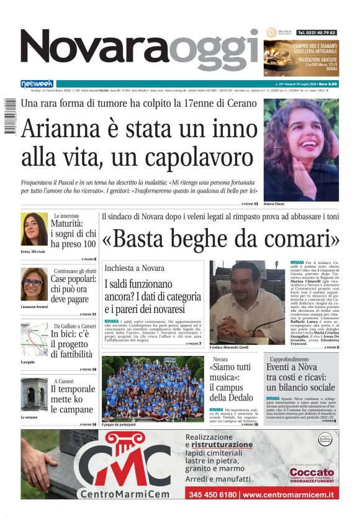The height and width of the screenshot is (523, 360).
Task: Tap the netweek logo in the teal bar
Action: coord(37,84)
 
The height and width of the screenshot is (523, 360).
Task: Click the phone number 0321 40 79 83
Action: coord(317,32)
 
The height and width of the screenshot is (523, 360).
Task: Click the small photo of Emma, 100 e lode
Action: coord(34,229)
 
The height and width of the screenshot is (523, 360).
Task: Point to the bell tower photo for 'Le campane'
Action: coord(34,394)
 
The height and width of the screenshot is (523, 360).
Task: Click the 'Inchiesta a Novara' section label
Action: coord(135,268)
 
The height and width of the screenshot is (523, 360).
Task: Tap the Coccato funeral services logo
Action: coord(312,476)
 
